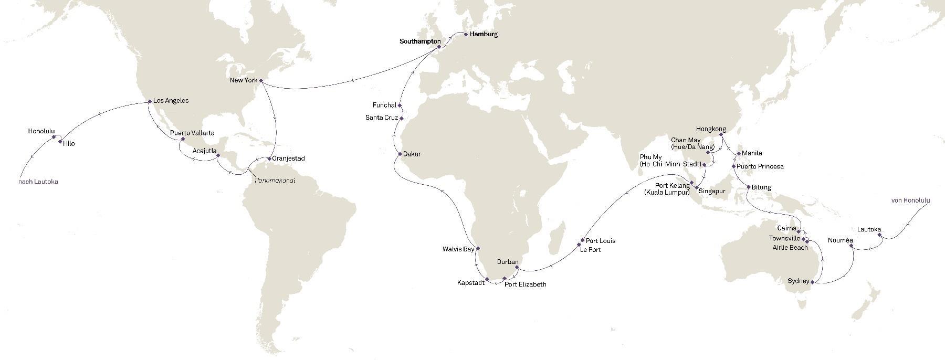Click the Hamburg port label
[484, 35]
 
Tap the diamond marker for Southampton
[439, 47]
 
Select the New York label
[244, 80]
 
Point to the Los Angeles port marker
[150, 101]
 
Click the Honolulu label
[41, 132]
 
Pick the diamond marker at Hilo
[60, 142]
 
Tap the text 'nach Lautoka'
[38, 182]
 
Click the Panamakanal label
[275, 180]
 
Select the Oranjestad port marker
[269, 158]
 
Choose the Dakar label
[412, 154]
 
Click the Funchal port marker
[400, 105]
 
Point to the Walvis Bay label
[458, 249]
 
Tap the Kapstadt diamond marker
[488, 279]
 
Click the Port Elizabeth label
[525, 284]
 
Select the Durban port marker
[517, 267]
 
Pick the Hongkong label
[711, 129]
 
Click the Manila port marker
[739, 154]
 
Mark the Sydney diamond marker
[812, 282]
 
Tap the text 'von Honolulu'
[910, 200]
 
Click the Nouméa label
[840, 240]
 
